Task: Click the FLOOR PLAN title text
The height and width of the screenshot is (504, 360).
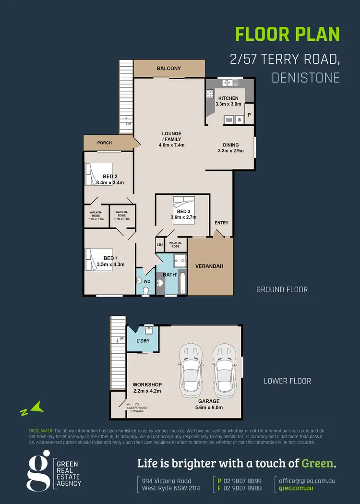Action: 287,35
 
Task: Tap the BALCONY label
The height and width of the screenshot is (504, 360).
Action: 169,69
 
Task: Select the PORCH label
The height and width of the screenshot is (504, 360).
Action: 105,143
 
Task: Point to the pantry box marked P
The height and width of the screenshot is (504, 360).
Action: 249,115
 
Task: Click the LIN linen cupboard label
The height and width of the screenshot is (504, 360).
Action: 159,245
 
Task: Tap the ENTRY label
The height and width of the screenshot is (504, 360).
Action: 222,223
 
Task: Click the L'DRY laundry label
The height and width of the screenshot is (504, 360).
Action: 144,341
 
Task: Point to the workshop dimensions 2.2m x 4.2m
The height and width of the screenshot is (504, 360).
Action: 147,391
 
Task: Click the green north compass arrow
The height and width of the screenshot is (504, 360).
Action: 32,409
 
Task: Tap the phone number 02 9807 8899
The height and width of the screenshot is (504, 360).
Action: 245,481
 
